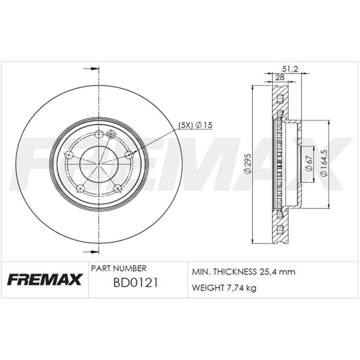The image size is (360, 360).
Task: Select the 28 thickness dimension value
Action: click(x=280, y=77)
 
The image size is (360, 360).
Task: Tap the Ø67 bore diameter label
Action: click(x=309, y=164)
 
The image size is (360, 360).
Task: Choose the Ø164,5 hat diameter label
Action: click(x=324, y=164)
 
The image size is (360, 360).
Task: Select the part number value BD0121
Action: click(x=135, y=283)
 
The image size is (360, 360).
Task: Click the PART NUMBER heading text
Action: click(x=119, y=269)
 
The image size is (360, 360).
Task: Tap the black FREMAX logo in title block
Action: click(x=45, y=279)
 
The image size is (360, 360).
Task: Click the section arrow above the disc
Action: click(x=91, y=68)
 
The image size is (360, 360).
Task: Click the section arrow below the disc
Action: click(x=91, y=252)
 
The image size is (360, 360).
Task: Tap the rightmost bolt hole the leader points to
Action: click(x=128, y=154)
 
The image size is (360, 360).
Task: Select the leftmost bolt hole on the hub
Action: click(x=70, y=155)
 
